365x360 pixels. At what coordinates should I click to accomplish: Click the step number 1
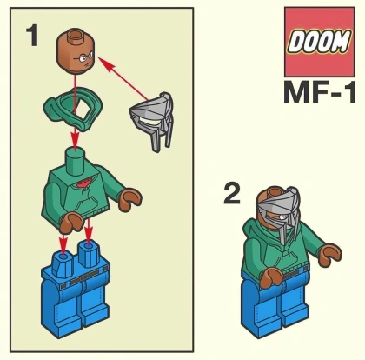pos(32,36)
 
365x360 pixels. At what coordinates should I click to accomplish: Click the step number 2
pos(232,193)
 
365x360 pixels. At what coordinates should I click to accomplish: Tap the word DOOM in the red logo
pos(319,42)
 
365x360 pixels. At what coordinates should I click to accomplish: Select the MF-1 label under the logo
pos(320,92)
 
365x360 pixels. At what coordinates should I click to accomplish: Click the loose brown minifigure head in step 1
pos(76,51)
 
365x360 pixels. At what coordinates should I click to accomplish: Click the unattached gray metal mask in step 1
pos(153,120)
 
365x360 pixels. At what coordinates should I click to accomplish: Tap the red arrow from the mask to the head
pos(124,79)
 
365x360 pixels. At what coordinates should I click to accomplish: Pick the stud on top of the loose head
pos(76,34)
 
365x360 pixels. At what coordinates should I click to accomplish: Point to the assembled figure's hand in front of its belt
pos(271,277)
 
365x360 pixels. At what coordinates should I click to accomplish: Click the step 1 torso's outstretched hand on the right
pos(129,198)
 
